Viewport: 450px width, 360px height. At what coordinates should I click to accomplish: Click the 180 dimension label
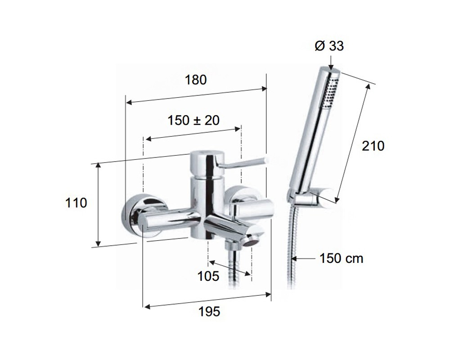[x=195, y=80]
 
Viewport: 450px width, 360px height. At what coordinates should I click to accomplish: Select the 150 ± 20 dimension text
[x=193, y=120]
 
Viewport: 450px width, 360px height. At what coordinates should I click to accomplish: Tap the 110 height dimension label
[x=76, y=203]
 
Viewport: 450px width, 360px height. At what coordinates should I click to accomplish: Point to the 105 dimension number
[x=208, y=276]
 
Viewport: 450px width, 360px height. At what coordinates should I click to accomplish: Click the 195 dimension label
[x=210, y=311]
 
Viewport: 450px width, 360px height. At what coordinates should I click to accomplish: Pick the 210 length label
[x=373, y=146]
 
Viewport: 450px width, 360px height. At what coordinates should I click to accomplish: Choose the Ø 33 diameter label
[x=329, y=46]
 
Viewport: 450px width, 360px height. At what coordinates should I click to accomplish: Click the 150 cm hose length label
[x=341, y=258]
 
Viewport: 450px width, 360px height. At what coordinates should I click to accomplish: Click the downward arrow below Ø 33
[x=332, y=62]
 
